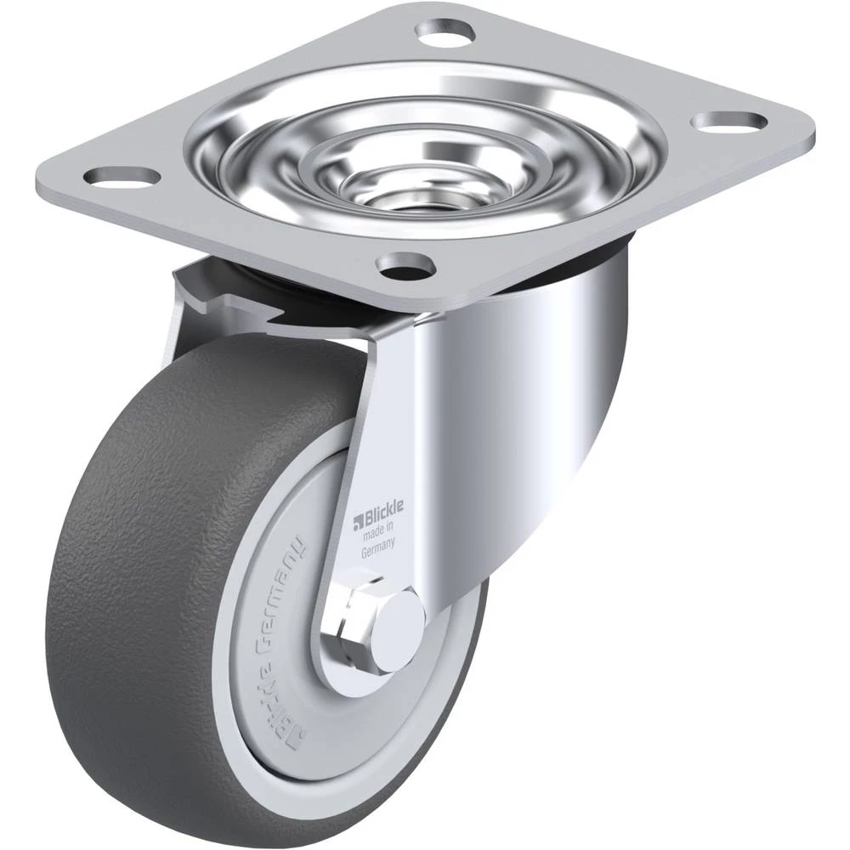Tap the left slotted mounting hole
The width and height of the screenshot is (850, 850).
pyautogui.click(x=123, y=176)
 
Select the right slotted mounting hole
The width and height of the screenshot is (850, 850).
pyautogui.click(x=731, y=122)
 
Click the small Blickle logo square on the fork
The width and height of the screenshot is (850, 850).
pyautogui.click(x=357, y=523)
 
